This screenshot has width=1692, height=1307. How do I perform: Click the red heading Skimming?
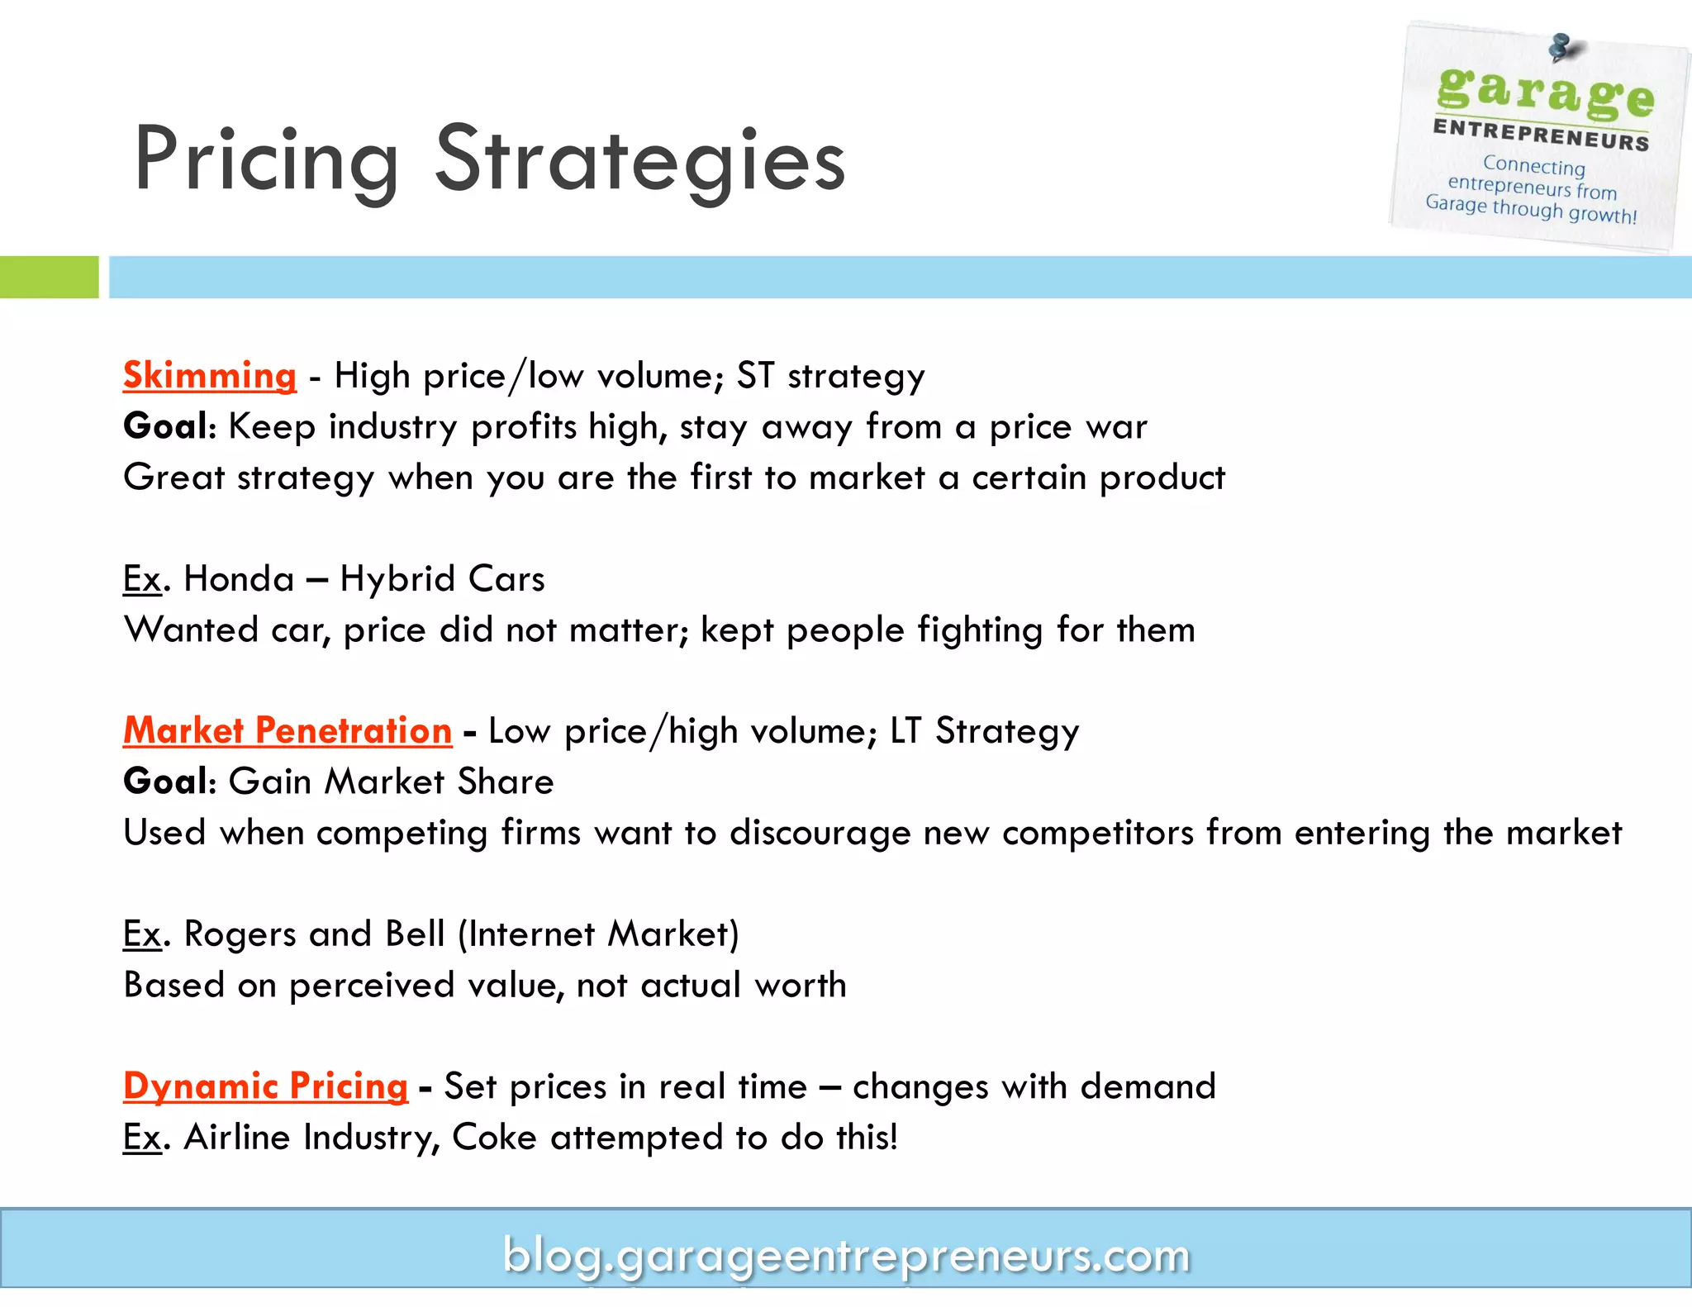210,376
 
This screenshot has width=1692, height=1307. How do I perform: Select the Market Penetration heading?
288,731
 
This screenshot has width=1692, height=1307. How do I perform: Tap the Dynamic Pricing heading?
265,1086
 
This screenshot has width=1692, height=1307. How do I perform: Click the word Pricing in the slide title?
266,159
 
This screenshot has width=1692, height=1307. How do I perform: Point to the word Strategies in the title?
640,159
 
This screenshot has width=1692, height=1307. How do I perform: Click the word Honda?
239,579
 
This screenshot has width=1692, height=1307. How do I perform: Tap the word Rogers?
240,934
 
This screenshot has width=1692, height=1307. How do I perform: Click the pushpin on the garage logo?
1560,47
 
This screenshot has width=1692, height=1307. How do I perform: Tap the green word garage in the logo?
1545,93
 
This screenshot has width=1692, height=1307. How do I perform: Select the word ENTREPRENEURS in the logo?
1541,135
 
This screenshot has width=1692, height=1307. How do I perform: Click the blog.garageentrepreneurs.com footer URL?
846,1256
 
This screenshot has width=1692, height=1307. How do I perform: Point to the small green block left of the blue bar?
49,277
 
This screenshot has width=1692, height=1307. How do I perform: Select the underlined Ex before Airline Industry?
141,1138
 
